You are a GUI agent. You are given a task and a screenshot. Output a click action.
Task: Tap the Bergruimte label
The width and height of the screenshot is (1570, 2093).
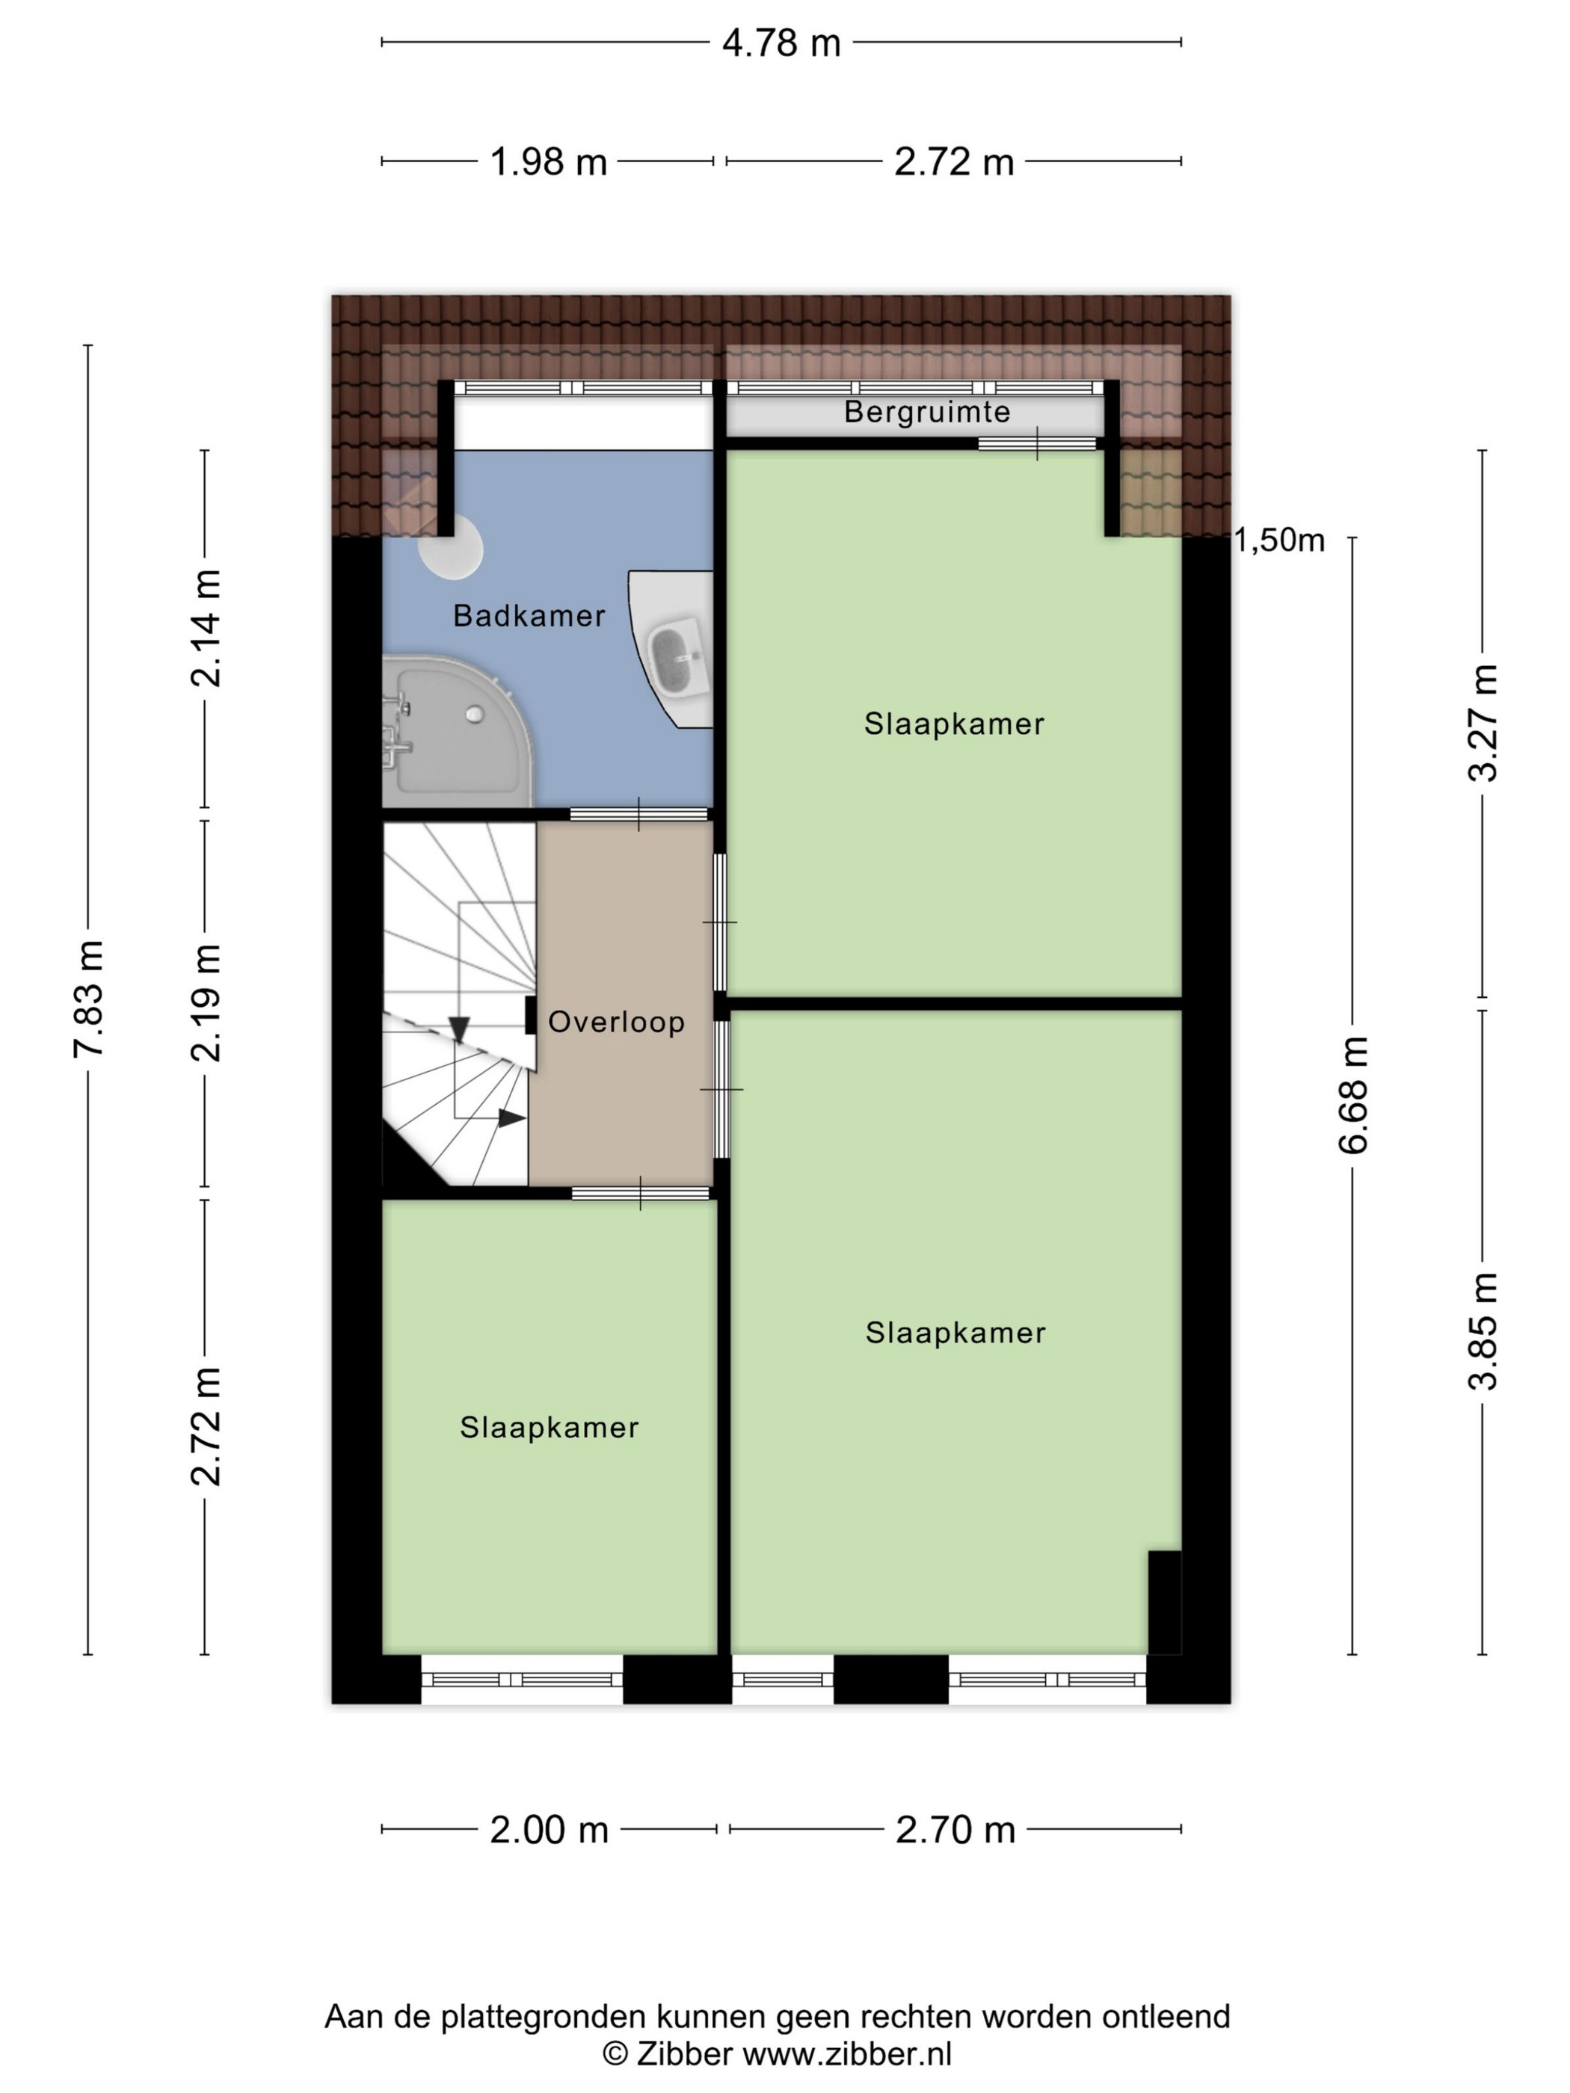tap(926, 412)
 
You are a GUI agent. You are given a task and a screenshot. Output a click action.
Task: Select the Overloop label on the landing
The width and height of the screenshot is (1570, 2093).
tap(616, 1022)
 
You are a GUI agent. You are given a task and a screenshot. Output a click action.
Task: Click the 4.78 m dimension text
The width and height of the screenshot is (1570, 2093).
tap(781, 43)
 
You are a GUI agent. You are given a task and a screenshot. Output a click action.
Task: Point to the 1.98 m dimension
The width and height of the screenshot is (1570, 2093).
tap(548, 161)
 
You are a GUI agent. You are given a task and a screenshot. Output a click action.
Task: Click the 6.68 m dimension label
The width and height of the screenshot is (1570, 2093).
tap(1353, 1095)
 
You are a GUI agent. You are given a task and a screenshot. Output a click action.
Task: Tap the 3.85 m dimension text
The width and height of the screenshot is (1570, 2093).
tap(1483, 1331)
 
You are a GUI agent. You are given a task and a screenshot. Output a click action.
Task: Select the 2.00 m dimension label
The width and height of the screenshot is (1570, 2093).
tap(549, 1830)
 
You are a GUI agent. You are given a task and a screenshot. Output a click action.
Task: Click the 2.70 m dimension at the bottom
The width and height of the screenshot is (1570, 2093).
tap(955, 1830)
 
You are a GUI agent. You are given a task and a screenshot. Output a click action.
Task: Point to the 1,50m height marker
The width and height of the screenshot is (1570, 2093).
tap(1279, 540)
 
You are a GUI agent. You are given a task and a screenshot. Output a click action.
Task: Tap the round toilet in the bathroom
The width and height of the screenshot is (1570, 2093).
tap(452, 546)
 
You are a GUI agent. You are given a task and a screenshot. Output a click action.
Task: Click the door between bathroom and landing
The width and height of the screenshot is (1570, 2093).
tap(638, 814)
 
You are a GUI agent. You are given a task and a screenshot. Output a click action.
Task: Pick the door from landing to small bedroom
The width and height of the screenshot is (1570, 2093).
tap(641, 1193)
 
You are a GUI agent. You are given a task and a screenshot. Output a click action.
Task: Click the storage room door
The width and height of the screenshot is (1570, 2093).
tap(1037, 443)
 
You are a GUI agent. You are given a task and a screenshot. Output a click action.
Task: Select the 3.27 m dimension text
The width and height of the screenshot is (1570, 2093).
tap(1483, 723)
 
